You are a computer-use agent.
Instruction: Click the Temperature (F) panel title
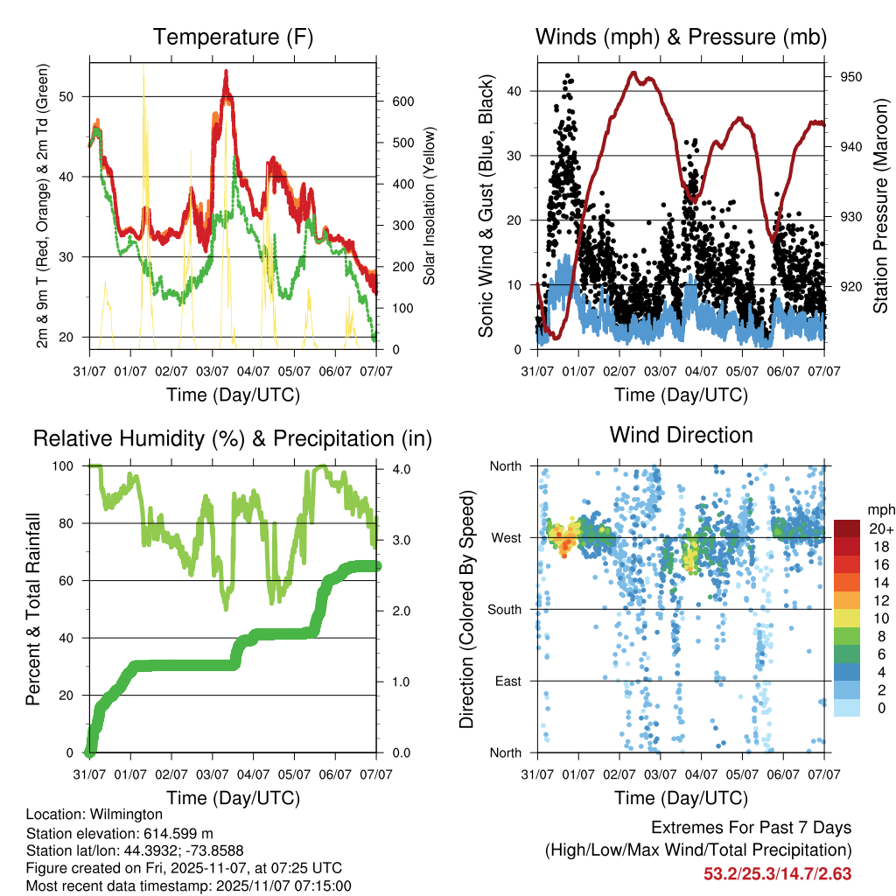click(x=233, y=38)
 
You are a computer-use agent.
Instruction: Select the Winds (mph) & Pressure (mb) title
click(x=682, y=38)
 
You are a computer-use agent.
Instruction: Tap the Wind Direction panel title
click(x=682, y=435)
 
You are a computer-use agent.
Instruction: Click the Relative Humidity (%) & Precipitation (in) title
click(x=233, y=438)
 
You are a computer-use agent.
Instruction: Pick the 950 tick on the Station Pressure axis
click(x=851, y=77)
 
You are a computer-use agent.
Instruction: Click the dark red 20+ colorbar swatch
click(x=846, y=528)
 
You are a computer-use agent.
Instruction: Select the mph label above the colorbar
click(x=878, y=509)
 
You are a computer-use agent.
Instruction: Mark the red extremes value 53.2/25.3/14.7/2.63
click(x=777, y=873)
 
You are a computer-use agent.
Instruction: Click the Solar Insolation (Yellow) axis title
click(x=430, y=206)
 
